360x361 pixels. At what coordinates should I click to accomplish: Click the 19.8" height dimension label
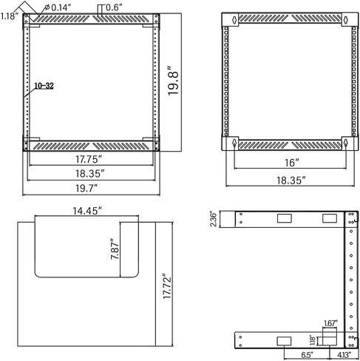(x=173, y=80)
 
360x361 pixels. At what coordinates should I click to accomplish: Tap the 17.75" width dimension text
(x=89, y=159)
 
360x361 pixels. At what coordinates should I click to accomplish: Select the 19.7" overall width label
(x=86, y=189)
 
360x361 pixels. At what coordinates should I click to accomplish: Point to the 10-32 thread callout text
(x=44, y=86)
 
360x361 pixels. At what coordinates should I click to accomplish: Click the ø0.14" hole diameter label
(x=57, y=7)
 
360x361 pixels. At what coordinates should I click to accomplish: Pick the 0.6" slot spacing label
(x=114, y=7)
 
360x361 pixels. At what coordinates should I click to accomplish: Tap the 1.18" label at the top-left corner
(x=10, y=16)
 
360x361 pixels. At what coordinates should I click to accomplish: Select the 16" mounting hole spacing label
(x=292, y=163)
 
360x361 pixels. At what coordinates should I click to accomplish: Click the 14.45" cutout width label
(x=87, y=211)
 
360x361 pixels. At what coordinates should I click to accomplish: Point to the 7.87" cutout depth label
(x=115, y=249)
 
